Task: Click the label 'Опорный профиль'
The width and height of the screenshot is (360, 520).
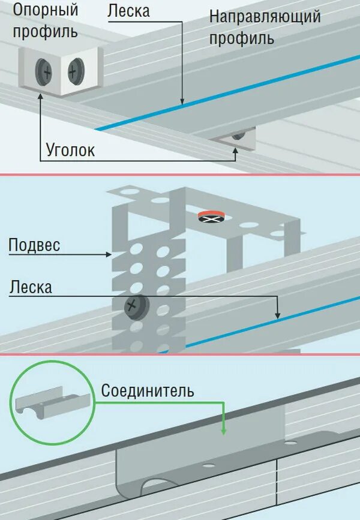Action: click(46, 20)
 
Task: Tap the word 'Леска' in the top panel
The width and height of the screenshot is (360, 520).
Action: click(128, 10)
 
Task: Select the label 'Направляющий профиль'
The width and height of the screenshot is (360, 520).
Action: click(264, 27)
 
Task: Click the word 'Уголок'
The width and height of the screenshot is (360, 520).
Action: click(70, 150)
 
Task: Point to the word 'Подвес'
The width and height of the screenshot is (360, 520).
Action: click(34, 245)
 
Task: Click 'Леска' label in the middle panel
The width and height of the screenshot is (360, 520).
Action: click(31, 287)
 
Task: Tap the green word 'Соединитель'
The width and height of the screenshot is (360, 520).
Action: click(147, 391)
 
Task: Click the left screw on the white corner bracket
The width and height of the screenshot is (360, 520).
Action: click(46, 72)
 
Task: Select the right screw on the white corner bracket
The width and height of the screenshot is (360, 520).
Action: click(74, 72)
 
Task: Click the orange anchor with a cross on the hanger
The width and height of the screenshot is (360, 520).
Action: click(212, 217)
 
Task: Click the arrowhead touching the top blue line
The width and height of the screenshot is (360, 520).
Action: click(184, 102)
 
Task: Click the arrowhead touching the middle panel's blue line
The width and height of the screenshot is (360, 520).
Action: click(277, 315)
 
